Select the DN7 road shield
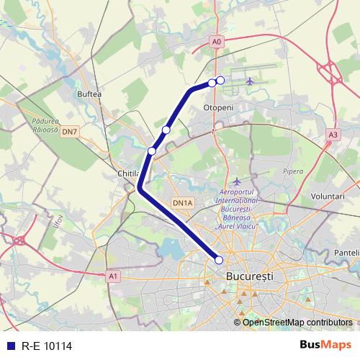[69, 132]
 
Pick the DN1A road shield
[183, 204]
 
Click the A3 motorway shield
[332, 134]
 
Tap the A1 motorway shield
[112, 275]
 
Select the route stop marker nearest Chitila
[152, 150]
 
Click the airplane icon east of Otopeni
[250, 81]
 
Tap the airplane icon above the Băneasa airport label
[237, 181]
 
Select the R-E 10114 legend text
[46, 346]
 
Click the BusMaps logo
[326, 346]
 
